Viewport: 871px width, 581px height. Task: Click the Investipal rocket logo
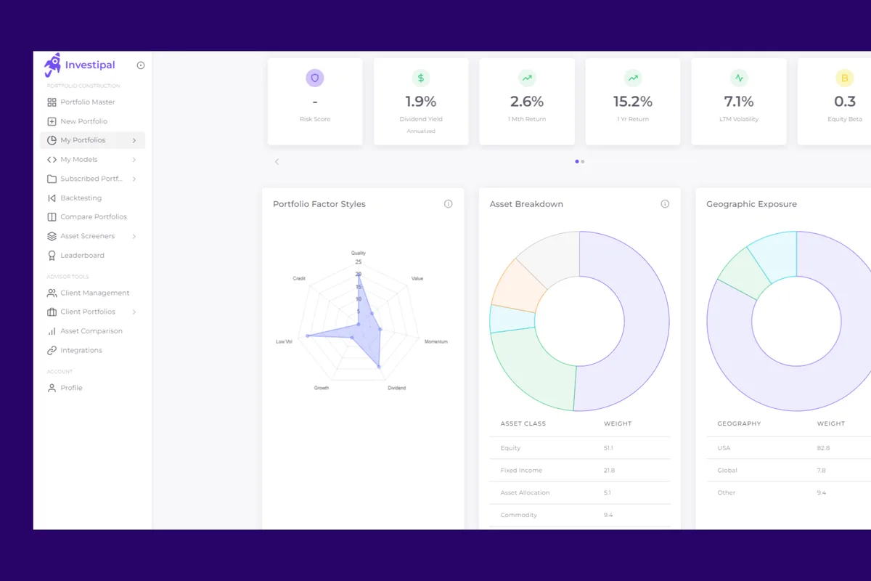[52, 65]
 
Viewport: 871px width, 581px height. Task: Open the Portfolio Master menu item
[87, 102]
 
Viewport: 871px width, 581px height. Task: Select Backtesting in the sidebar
[81, 198]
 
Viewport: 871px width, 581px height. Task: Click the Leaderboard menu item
[82, 256]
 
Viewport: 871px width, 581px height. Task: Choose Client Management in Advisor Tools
[94, 293]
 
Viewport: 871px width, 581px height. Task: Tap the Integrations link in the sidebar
[81, 350]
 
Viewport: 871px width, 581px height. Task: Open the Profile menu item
[71, 388]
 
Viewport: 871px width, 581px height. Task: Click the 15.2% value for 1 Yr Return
[632, 102]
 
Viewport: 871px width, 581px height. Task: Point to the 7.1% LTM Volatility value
[738, 102]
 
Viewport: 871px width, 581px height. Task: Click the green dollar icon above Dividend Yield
[421, 78]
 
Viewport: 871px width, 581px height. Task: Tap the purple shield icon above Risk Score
[315, 78]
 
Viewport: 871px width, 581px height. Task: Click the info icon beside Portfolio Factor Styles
[448, 204]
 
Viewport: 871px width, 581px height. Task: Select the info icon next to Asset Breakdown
[665, 204]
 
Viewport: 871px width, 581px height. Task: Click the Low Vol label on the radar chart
[284, 341]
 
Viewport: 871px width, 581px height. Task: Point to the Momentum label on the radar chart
[435, 341]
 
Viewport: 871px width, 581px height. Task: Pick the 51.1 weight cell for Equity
[608, 448]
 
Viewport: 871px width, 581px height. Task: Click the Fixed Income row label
[520, 471]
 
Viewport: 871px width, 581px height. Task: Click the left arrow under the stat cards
[277, 161]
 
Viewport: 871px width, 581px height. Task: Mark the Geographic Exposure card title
[751, 204]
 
